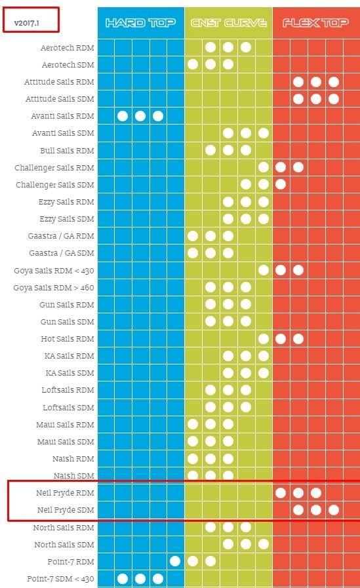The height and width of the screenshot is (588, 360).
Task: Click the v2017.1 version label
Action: [x=27, y=23]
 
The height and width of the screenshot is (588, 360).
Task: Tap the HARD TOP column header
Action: [x=140, y=23]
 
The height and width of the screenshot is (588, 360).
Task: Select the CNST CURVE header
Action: [x=229, y=23]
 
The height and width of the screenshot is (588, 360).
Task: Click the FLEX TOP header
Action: [x=316, y=23]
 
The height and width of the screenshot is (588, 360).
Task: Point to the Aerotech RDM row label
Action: [x=67, y=48]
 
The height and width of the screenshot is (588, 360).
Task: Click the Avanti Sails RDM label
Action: [x=63, y=116]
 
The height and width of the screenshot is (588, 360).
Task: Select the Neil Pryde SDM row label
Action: [x=66, y=510]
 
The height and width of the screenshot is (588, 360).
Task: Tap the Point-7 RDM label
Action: [x=71, y=561]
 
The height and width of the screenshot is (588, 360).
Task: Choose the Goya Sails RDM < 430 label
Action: [x=54, y=270]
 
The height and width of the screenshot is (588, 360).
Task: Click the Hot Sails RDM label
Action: [x=68, y=339]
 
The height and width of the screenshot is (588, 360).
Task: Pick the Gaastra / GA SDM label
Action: [x=62, y=253]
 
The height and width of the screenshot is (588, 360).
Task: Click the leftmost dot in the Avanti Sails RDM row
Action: [x=123, y=116]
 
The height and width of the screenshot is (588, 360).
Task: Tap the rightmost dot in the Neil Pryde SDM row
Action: [x=334, y=510]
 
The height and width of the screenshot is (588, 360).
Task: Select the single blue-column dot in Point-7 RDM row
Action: [x=175, y=561]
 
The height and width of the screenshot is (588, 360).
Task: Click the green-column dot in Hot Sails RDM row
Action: [x=264, y=339]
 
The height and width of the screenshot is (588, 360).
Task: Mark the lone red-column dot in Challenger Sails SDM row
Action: [x=281, y=184]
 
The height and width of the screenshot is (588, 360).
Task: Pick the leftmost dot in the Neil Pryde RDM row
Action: [x=281, y=493]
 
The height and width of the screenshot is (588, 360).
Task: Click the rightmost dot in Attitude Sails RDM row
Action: [x=334, y=82]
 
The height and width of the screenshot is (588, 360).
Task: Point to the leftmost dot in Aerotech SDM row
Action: [x=193, y=64]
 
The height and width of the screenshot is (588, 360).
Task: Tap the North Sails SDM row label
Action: [x=64, y=545]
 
